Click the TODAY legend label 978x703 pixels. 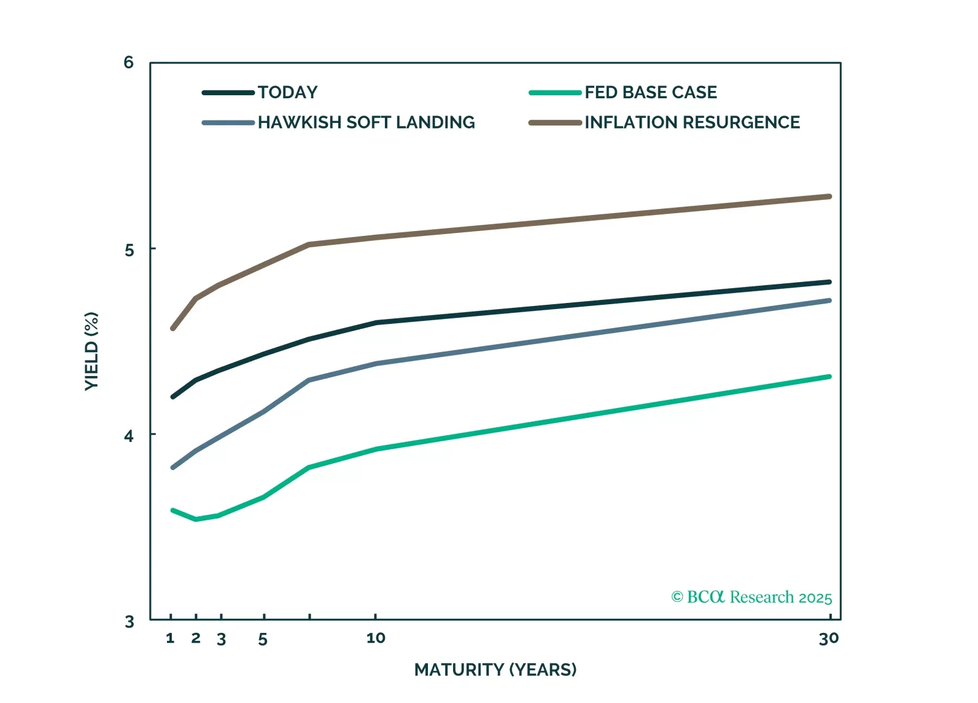[287, 93]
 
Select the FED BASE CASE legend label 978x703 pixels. [650, 93]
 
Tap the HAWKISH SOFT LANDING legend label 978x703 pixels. [366, 123]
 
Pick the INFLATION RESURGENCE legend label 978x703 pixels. [692, 123]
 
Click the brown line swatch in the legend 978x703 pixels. [555, 123]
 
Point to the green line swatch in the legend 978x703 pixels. [555, 93]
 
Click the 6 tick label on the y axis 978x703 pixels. [128, 63]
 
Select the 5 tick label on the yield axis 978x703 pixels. [129, 250]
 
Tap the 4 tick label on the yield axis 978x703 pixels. [129, 436]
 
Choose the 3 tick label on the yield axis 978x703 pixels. [129, 622]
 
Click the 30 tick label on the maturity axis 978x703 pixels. [829, 639]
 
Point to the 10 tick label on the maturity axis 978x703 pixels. [376, 638]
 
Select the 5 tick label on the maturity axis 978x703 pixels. [263, 640]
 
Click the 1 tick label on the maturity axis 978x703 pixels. [171, 638]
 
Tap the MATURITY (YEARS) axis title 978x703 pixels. [495, 670]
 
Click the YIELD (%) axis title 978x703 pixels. [91, 351]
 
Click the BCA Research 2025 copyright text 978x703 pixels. [751, 597]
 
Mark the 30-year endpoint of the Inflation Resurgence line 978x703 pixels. [829, 197]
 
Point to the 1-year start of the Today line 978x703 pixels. [173, 397]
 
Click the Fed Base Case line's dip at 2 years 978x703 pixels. [196, 519]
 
